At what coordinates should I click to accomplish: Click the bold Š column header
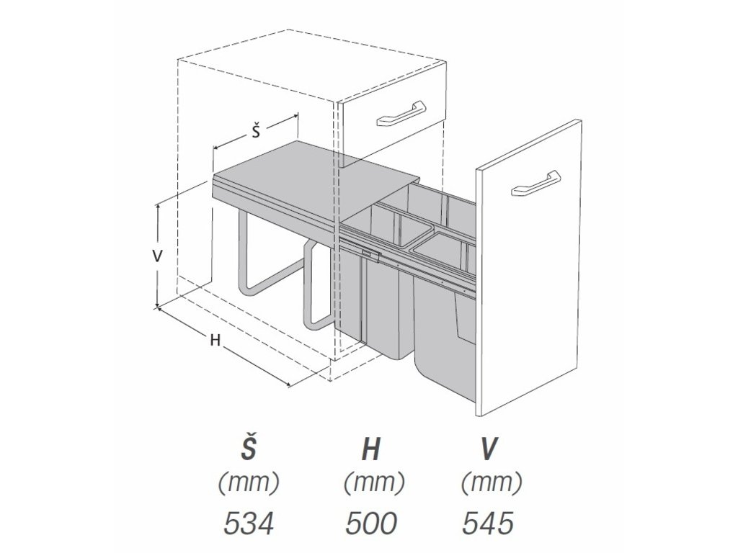[249, 449]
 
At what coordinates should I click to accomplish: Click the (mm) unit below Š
[249, 483]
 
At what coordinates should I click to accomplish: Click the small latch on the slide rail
[370, 252]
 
